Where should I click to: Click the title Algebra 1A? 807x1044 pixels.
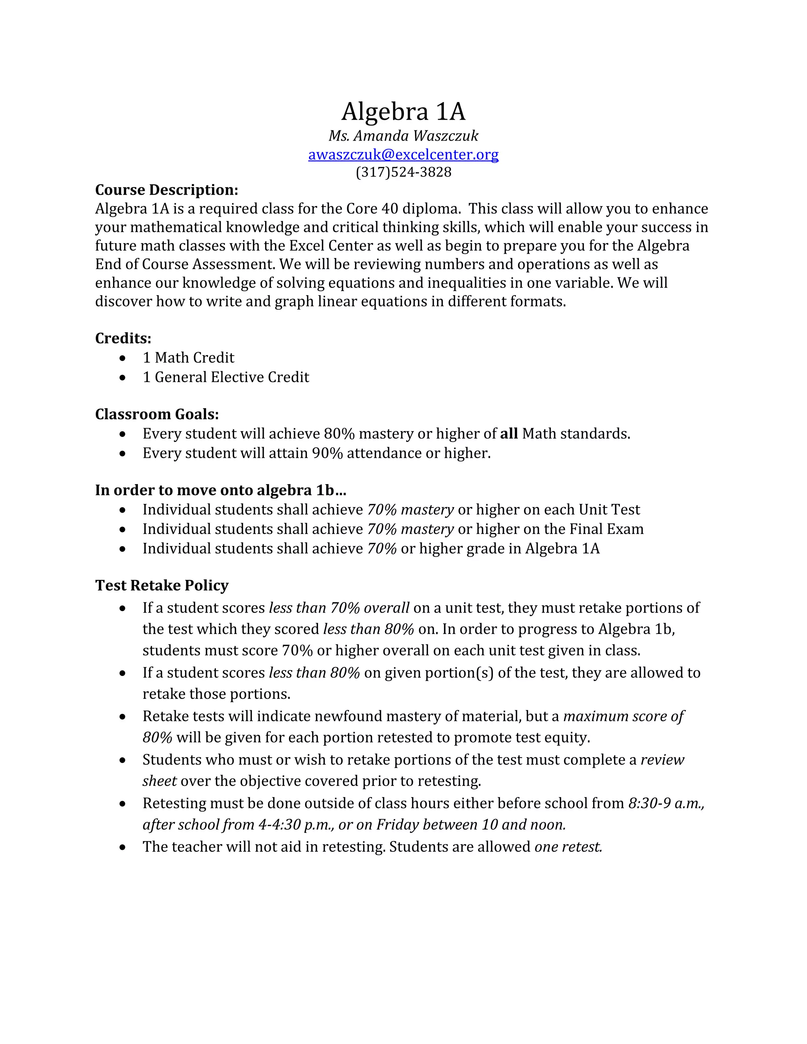tap(403, 111)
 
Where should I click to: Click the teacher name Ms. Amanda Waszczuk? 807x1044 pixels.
tap(403, 136)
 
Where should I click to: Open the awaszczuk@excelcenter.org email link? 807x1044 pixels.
tap(403, 154)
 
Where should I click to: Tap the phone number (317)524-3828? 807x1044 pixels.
tap(403, 172)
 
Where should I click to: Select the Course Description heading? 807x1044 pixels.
tap(166, 190)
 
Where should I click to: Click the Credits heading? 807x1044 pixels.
tap(123, 338)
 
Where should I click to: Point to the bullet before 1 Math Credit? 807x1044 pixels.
tap(123, 358)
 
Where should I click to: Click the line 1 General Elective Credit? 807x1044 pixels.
tap(226, 377)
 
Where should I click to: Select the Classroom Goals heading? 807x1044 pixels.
tap(157, 414)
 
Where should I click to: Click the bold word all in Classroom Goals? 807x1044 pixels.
tap(509, 434)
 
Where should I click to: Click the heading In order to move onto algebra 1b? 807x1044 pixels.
tap(220, 490)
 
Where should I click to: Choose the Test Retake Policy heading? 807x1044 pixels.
tap(162, 585)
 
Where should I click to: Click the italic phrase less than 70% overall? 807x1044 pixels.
tap(339, 607)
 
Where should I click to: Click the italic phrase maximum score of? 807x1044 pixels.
tap(623, 716)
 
